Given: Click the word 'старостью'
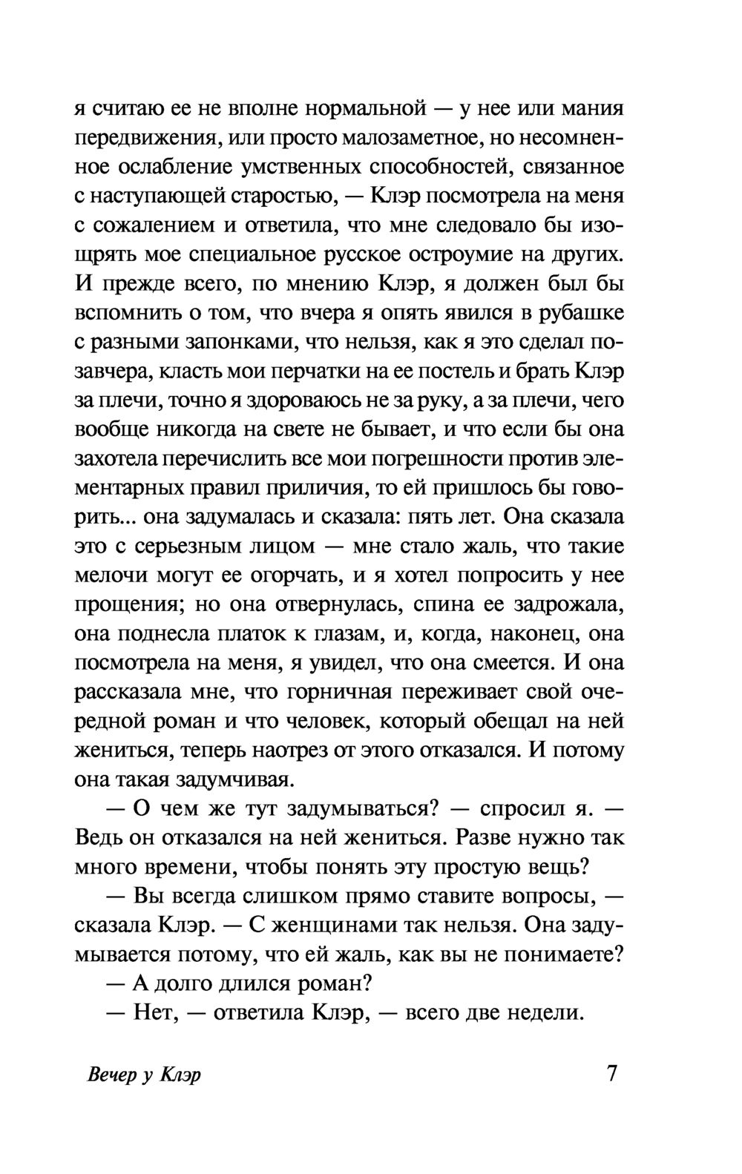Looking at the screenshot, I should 279,197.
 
